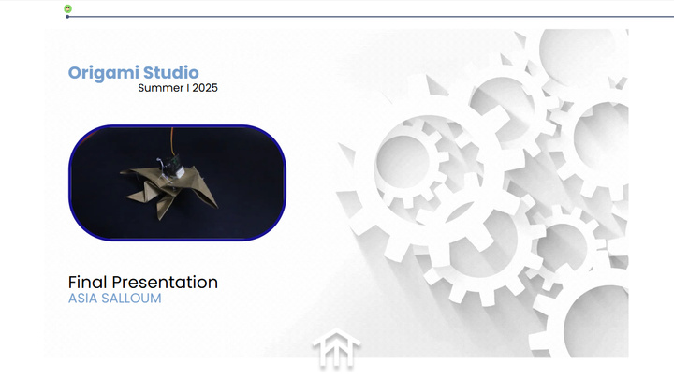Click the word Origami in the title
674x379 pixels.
point(104,73)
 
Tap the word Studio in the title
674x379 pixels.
point(171,72)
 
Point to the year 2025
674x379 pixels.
point(205,88)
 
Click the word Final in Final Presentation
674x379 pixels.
point(88,283)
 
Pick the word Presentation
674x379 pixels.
point(165,283)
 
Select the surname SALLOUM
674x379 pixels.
point(131,299)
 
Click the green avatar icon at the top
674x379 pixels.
point(68,8)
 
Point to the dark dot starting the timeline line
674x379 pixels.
point(67,17)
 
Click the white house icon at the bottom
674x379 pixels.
point(336,348)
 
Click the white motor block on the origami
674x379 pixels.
point(179,172)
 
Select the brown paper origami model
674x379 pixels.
point(169,190)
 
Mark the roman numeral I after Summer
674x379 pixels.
point(188,88)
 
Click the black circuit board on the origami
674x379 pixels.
point(174,163)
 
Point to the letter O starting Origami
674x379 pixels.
point(75,73)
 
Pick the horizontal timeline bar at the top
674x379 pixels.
point(371,17)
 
